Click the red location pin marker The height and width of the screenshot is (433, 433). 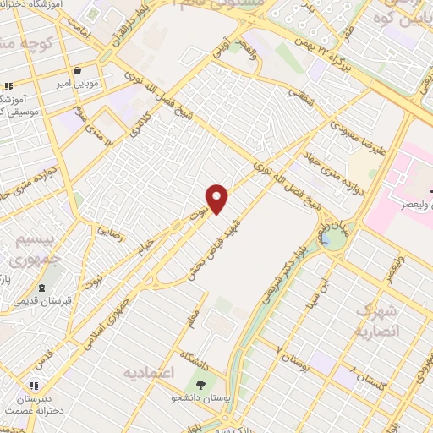[x=217, y=198]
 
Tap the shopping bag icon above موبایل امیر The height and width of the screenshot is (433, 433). [x=78, y=72]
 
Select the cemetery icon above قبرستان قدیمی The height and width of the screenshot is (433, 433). [x=41, y=288]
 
